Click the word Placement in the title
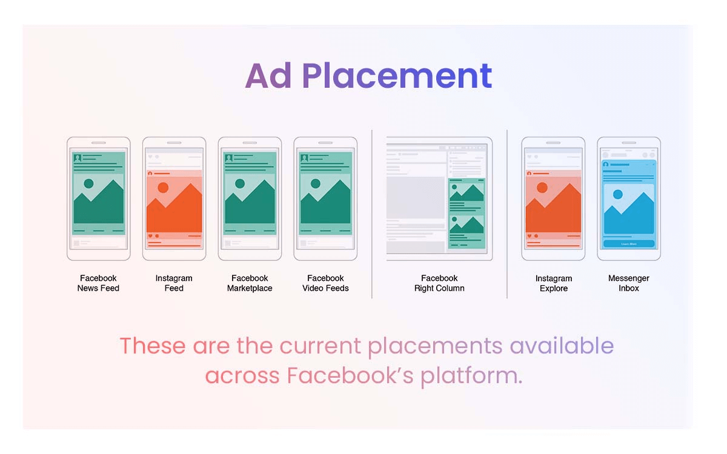coord(397,76)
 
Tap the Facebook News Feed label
coord(98,283)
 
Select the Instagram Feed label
coord(174,283)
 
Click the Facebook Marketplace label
coord(250,283)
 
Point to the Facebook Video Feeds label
coord(325,283)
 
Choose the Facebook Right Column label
coord(439,283)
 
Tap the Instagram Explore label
coord(554,283)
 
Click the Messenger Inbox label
coord(629,283)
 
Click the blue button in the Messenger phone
coord(629,243)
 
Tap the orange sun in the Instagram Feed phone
coord(163,188)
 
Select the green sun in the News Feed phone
coord(88,183)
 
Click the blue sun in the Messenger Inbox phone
coord(617,194)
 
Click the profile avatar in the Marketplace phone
coord(229,158)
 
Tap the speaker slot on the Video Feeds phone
coord(325,143)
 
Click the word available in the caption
coord(562,346)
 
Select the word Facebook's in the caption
coord(350,375)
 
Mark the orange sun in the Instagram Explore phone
coord(542,188)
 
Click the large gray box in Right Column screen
coord(415,197)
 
